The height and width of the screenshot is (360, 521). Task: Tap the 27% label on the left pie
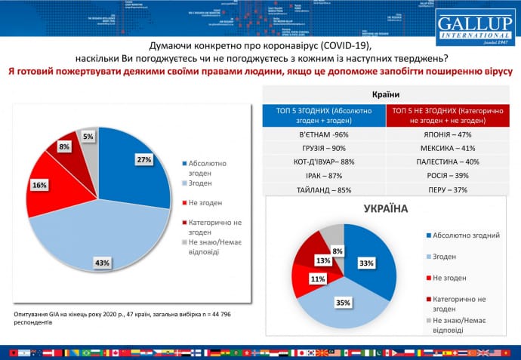[x=144, y=159]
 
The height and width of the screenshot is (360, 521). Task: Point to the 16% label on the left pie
[x=39, y=183]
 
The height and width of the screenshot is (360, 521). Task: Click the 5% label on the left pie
[x=88, y=137]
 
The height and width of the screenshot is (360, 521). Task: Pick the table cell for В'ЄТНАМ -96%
[x=324, y=134]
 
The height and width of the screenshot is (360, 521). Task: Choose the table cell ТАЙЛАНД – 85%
[x=324, y=189]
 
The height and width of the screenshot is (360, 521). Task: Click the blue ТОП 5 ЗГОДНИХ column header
[x=324, y=114]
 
